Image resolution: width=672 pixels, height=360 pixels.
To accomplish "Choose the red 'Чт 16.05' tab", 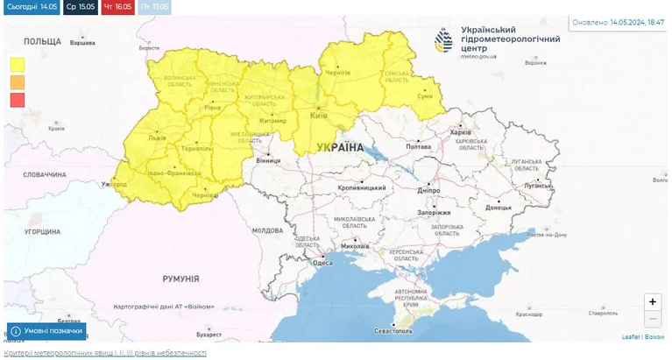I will click(x=117, y=7).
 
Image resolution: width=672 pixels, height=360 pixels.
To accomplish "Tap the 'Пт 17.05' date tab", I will click(x=154, y=7).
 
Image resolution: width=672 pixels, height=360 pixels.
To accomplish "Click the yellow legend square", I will click(x=18, y=64).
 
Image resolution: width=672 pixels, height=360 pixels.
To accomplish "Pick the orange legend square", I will click(x=18, y=81).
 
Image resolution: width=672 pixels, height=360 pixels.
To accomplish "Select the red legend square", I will click(x=18, y=100).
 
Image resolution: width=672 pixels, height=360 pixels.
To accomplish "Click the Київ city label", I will click(x=320, y=116).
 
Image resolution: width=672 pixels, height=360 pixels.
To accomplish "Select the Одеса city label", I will click(x=322, y=263).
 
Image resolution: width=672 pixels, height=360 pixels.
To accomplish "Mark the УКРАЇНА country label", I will click(x=339, y=147).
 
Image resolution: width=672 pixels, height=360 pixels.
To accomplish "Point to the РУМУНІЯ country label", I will click(x=180, y=279).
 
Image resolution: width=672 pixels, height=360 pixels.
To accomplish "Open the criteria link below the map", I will click(x=105, y=352).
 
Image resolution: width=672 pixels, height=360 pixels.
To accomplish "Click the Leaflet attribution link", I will click(x=630, y=336).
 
